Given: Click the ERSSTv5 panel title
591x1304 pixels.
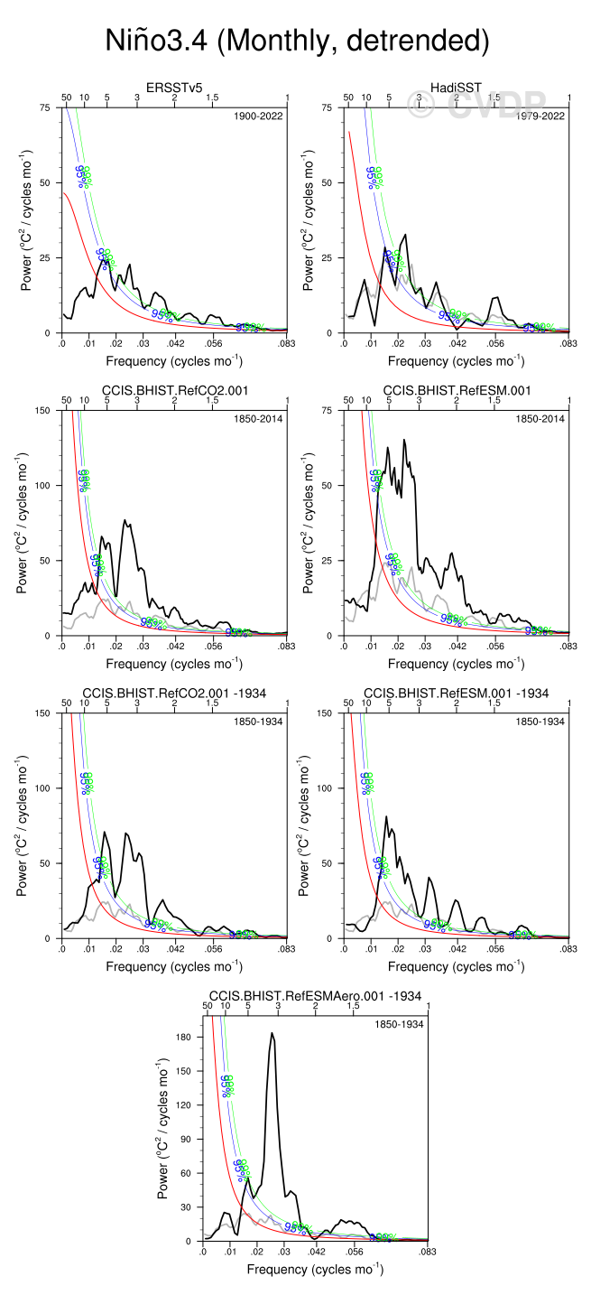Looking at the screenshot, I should (175, 87).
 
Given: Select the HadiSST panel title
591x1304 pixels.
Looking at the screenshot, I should (457, 87).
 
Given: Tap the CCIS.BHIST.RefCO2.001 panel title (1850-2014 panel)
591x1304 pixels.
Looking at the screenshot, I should (175, 389).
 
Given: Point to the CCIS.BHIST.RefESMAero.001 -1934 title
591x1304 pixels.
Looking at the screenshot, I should (315, 995).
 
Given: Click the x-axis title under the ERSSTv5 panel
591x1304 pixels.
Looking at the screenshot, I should (174, 361).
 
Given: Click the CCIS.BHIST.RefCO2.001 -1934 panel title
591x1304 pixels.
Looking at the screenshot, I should (175, 693).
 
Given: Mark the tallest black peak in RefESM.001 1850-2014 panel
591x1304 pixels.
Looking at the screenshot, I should (404, 440).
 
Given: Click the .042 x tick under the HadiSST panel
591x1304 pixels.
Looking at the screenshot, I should (457, 344).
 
